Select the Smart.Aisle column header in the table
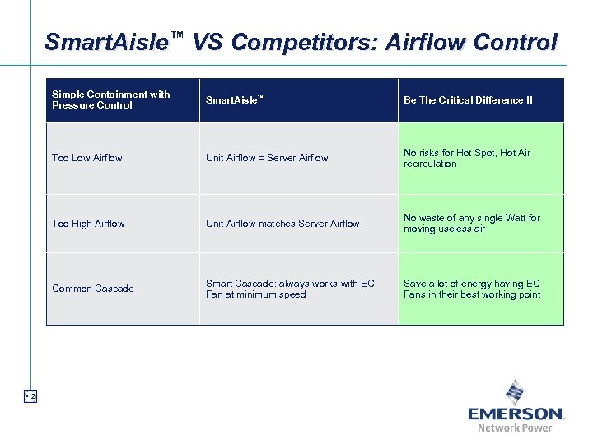pos(234,100)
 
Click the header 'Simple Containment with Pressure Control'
pos(111,99)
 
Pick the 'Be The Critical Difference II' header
pos(468,100)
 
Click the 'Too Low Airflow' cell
pos(87,158)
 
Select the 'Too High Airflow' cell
pos(88,223)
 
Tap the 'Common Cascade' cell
pos(92,289)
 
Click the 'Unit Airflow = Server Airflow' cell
pos(267,158)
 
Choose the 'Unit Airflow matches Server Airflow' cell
pos(282,223)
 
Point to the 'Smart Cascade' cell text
pos(290,289)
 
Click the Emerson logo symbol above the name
pos(515,391)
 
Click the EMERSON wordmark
pos(516,414)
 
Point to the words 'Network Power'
pos(515,428)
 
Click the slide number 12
pos(30,397)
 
